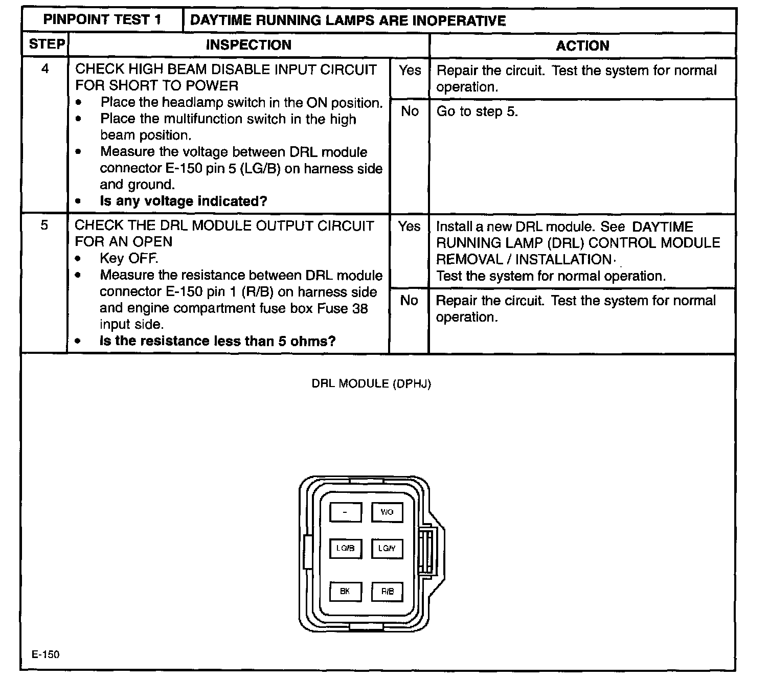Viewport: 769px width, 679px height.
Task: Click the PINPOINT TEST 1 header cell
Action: (x=102, y=20)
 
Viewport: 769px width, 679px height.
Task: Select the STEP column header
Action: (x=46, y=44)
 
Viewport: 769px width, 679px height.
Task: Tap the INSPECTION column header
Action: (x=248, y=45)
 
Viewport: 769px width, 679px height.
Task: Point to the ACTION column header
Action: (x=582, y=46)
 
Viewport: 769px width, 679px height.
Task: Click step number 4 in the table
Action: (x=45, y=69)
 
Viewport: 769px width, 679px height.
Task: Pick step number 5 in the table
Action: (x=44, y=225)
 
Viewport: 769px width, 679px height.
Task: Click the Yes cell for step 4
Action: (x=410, y=71)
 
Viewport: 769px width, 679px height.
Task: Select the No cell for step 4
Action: (x=410, y=111)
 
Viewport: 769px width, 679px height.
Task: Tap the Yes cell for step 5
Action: (x=409, y=227)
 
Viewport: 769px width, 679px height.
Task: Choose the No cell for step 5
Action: (x=409, y=301)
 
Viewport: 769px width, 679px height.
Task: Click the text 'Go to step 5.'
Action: (x=477, y=111)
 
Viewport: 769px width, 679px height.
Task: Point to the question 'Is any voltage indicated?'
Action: (x=184, y=201)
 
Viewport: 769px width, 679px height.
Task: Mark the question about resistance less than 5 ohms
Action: (x=217, y=341)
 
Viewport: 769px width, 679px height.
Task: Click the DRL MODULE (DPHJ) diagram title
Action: (x=371, y=384)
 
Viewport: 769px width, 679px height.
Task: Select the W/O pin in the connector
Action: (x=387, y=512)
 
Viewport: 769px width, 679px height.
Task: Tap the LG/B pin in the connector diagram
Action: (x=346, y=549)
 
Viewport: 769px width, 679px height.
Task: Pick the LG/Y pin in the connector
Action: (x=387, y=549)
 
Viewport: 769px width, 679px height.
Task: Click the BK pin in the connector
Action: (x=346, y=592)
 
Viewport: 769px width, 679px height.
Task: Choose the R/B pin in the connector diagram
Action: (x=387, y=592)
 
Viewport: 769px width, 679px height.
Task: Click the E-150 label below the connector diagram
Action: (x=46, y=655)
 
